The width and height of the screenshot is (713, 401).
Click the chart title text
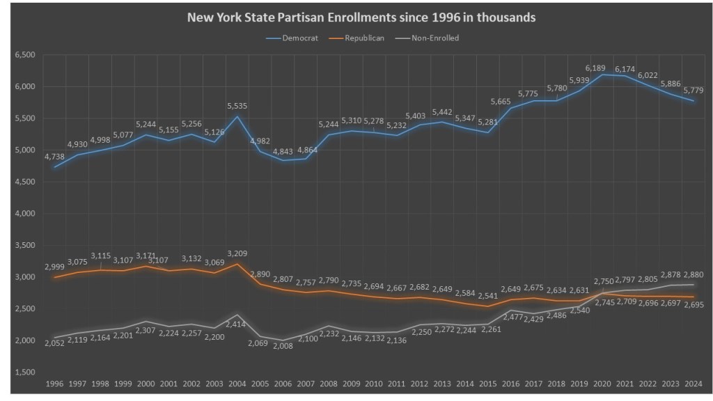click(361, 17)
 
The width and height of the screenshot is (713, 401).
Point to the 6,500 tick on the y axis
click(24, 55)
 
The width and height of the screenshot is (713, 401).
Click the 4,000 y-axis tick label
click(24, 214)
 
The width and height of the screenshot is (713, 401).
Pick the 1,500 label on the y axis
click(24, 372)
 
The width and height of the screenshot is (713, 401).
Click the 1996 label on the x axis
click(55, 384)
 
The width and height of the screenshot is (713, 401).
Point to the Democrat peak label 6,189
click(595, 68)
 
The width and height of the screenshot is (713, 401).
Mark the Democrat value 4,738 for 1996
click(55, 157)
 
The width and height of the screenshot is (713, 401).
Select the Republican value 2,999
click(55, 267)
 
